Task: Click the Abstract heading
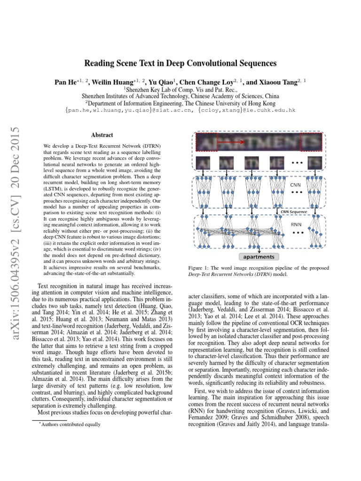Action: [102, 135]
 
